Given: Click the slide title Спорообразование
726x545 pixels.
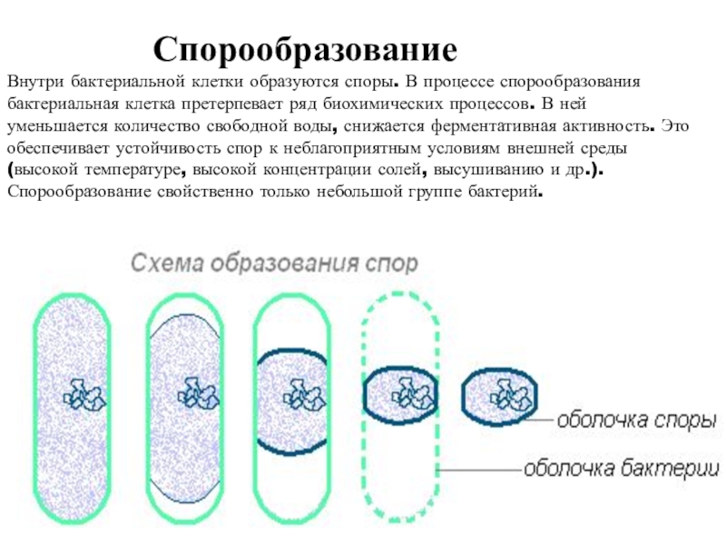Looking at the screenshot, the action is point(305,47).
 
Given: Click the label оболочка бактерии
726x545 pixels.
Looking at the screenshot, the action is point(622,469).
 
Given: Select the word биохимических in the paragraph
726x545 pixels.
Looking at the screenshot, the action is point(396,103).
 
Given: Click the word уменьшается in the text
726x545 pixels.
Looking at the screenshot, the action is point(53,124).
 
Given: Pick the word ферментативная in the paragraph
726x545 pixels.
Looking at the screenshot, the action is point(474,124).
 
